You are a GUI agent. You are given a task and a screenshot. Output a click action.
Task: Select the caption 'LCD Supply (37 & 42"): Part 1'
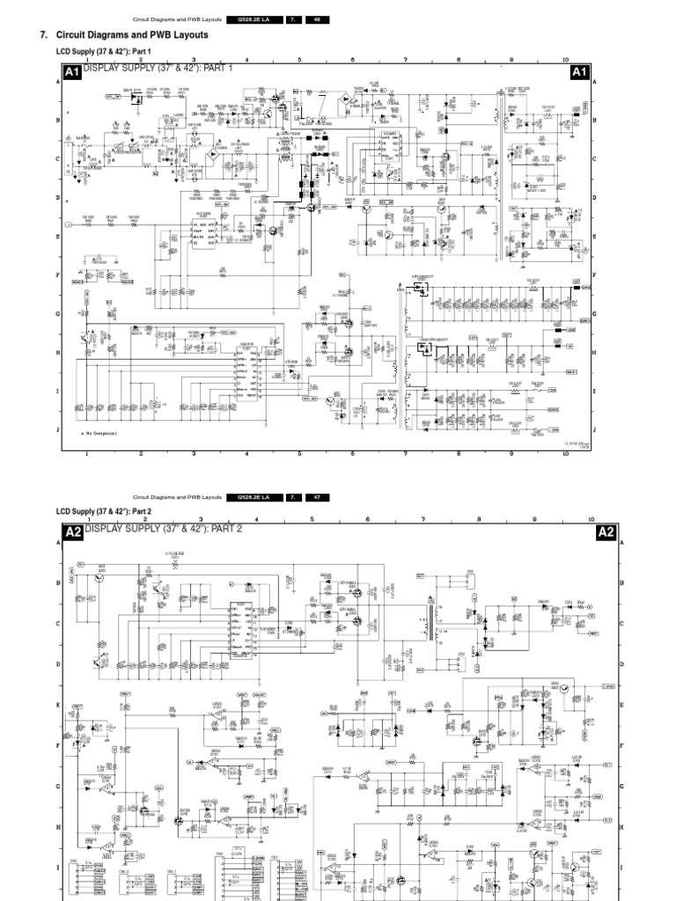[x=104, y=52]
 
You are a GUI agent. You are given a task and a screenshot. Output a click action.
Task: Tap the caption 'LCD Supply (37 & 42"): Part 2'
[x=104, y=511]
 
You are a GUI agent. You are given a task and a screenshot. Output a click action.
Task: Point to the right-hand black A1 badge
[x=579, y=72]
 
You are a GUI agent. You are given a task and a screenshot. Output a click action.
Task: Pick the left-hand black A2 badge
[x=72, y=532]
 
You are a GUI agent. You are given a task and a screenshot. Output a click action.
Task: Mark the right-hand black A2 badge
[x=606, y=532]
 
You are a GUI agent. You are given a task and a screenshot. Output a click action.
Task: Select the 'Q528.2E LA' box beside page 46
[x=253, y=19]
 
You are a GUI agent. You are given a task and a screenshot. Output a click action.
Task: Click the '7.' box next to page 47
[x=292, y=498]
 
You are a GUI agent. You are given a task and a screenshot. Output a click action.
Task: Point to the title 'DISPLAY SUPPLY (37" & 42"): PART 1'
[x=158, y=69]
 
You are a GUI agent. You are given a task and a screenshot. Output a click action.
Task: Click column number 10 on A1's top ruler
[x=564, y=60]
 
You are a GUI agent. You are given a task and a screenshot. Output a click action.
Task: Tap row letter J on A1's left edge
[x=58, y=430]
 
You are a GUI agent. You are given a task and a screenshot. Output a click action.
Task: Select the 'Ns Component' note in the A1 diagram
[x=99, y=434]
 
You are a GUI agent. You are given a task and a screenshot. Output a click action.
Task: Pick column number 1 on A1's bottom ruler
[x=87, y=455]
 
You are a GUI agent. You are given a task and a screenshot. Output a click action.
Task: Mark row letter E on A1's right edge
[x=595, y=237]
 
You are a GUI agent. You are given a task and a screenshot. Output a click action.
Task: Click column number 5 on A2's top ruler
[x=312, y=520]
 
